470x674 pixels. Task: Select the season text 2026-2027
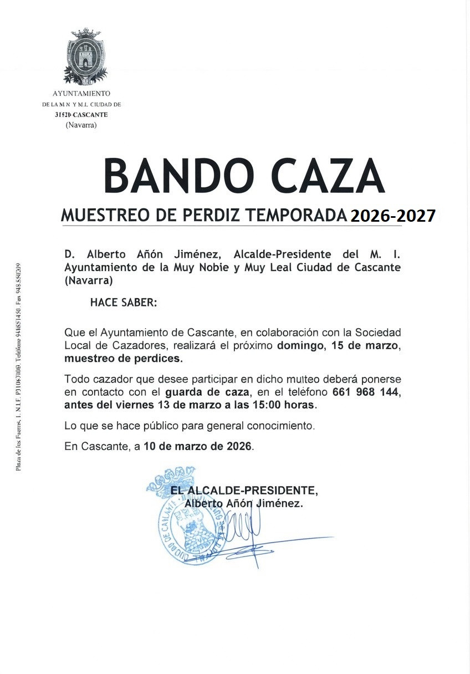392,216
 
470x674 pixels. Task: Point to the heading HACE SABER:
124,303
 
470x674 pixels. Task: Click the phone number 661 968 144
366,392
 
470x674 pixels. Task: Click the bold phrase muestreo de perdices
123,359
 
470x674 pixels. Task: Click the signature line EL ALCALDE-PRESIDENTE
244,491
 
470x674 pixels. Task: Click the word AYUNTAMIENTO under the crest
81,94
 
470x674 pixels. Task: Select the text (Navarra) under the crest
81,125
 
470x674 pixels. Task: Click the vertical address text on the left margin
18,366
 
